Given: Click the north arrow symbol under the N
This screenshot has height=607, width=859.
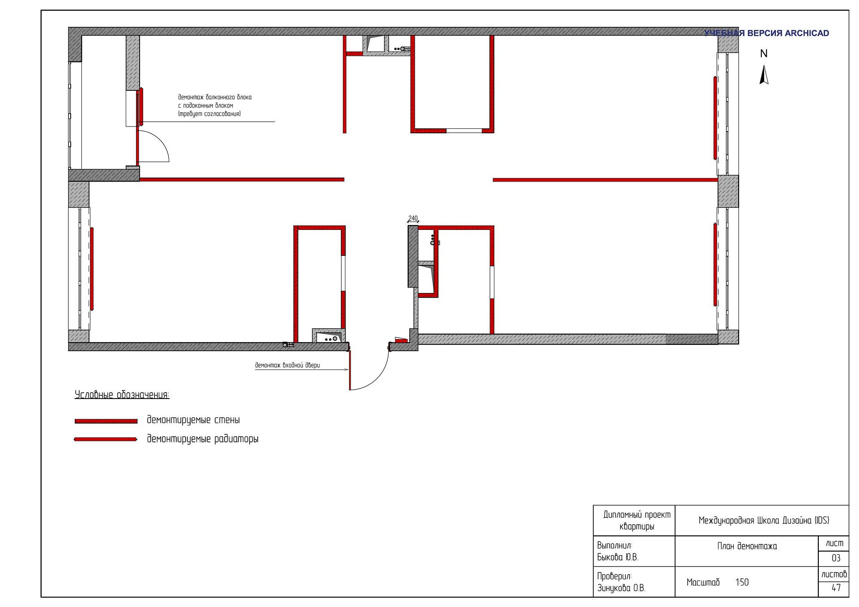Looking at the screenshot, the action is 764,75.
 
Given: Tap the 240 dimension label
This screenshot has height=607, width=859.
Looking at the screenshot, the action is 413,218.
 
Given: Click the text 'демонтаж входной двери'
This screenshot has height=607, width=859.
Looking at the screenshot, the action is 287,365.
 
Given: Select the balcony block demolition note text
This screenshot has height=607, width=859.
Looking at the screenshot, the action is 215,105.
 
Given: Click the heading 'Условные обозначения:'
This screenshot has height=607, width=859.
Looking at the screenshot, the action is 122,395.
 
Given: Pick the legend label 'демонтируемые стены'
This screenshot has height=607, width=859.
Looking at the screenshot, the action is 193,420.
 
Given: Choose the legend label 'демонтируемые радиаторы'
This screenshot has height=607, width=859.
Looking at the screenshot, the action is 203,439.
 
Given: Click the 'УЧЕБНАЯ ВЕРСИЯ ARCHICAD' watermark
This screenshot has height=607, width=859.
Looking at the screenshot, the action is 766,33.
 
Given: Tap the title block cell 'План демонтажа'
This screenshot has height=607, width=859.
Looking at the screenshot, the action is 747,546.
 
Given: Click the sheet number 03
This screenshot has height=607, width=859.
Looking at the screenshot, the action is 836,558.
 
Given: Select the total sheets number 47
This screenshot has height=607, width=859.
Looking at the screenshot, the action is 836,588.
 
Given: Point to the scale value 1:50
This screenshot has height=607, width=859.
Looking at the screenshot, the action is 742,582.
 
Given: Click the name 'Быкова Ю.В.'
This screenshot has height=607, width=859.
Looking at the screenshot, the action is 617,557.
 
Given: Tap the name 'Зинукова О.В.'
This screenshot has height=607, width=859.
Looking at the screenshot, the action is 621,588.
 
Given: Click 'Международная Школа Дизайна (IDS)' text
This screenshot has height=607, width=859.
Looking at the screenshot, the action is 764,520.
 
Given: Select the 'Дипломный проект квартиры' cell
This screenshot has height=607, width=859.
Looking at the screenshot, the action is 637,520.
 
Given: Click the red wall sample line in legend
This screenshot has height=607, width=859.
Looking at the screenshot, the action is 106,421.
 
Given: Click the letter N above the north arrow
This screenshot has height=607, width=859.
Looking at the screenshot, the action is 764,54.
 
